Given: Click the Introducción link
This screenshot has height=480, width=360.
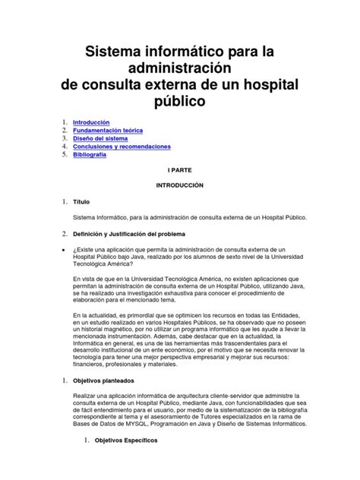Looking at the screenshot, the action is (x=91, y=122).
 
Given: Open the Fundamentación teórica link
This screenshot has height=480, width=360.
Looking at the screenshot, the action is (x=107, y=131).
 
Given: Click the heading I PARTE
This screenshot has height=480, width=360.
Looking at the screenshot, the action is (x=180, y=172).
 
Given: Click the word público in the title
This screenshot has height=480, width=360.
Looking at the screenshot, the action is (x=179, y=100).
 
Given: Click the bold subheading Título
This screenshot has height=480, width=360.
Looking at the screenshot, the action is (x=81, y=202).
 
